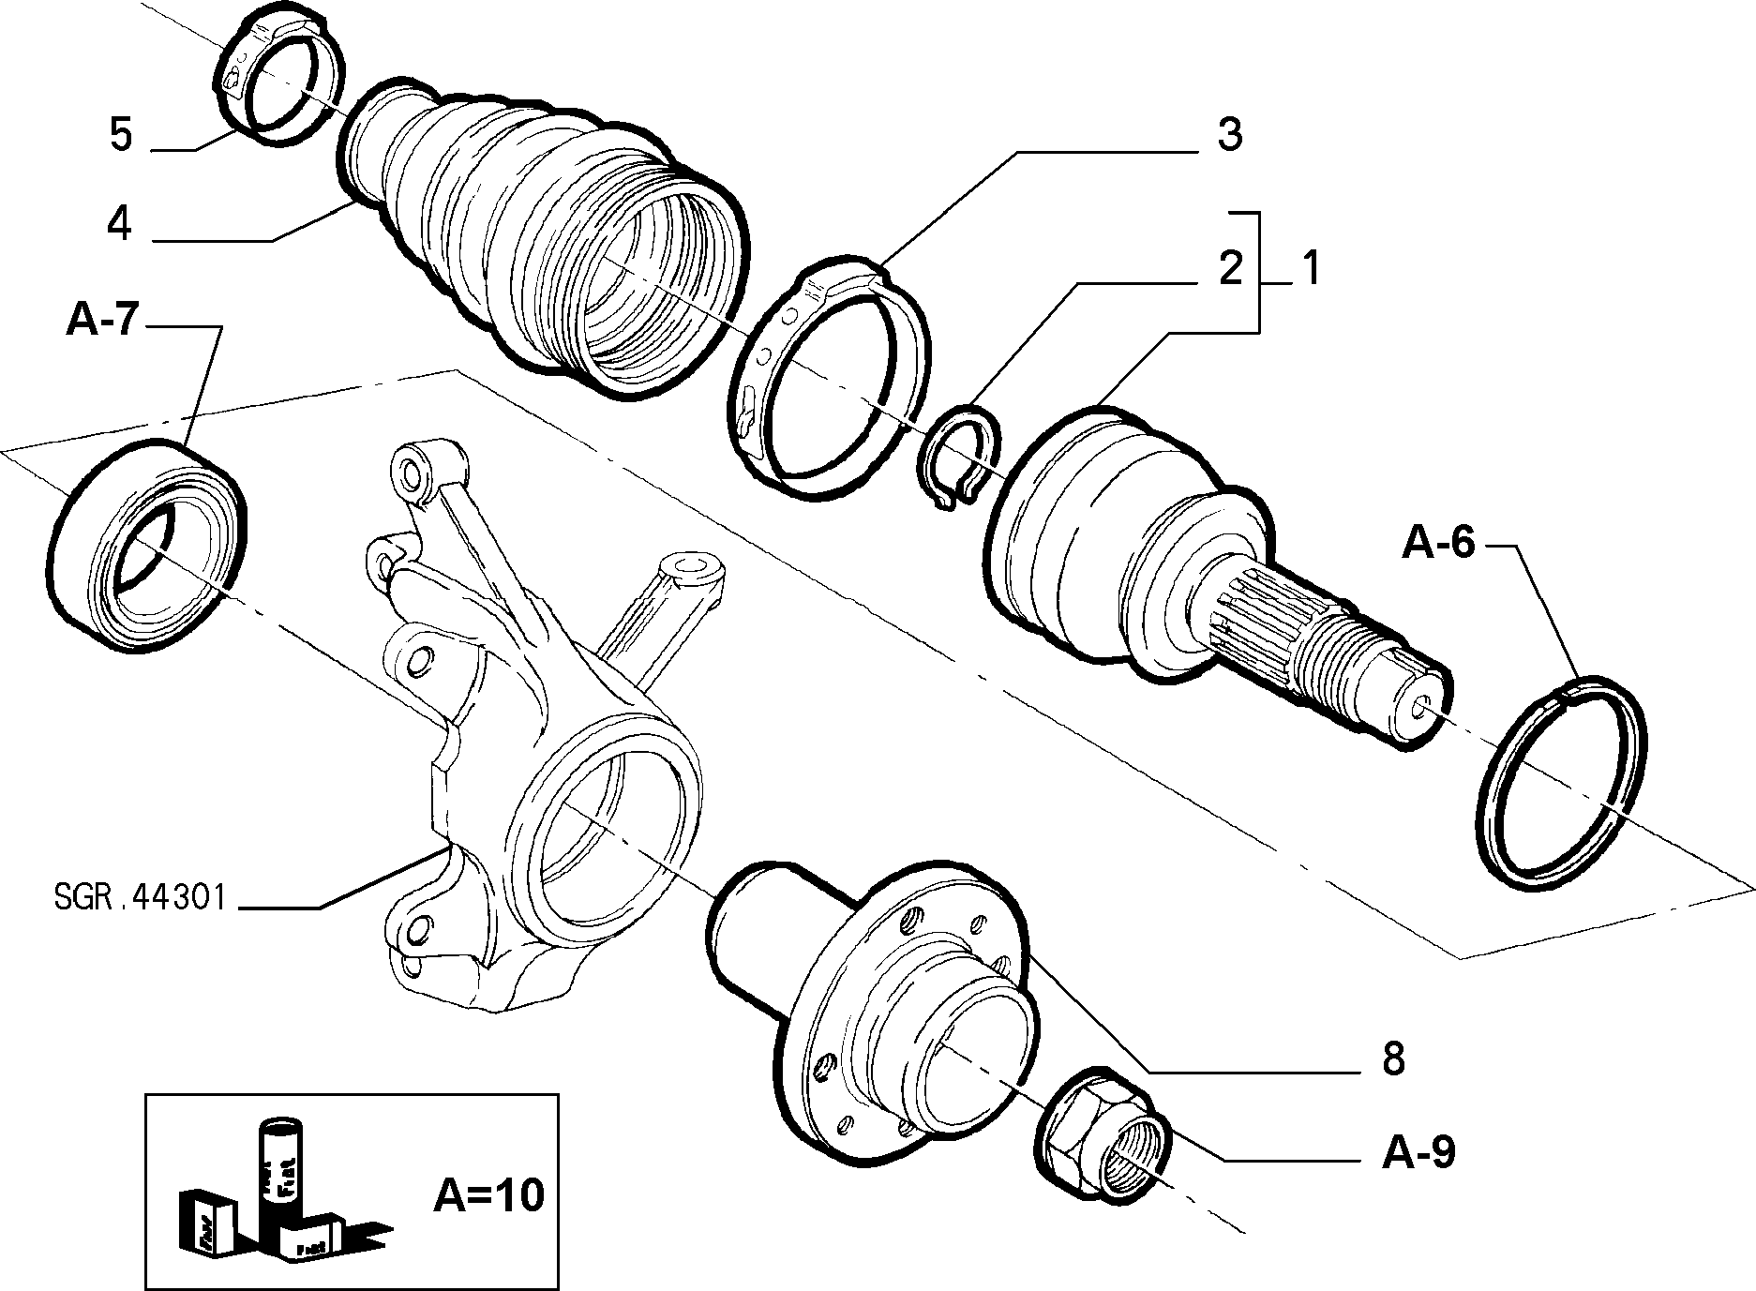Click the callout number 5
tap(121, 135)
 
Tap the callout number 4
tap(119, 225)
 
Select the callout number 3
tap(1229, 135)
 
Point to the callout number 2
tap(1229, 269)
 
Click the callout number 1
tap(1310, 269)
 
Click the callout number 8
tap(1393, 1059)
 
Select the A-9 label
tap(1418, 1153)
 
